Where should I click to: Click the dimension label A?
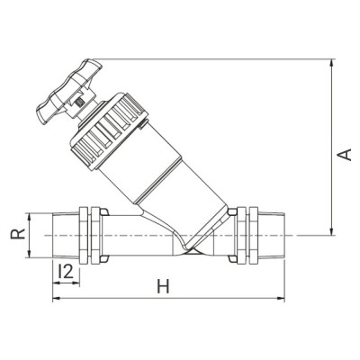343,155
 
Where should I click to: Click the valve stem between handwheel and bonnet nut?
82,107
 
